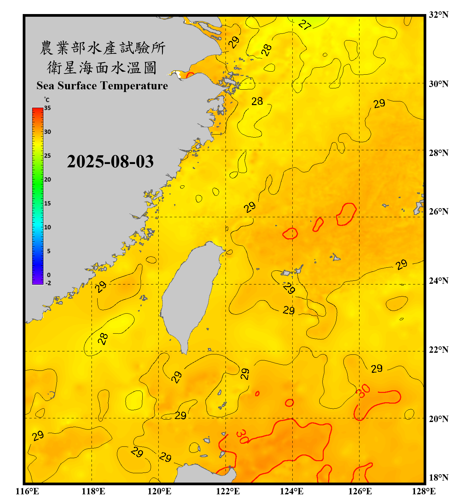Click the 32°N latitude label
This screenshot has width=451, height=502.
click(438, 15)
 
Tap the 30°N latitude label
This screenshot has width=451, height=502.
click(438, 84)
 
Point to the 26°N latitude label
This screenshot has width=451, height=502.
click(438, 212)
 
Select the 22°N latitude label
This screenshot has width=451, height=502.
click(438, 350)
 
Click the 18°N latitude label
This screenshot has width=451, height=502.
click(438, 478)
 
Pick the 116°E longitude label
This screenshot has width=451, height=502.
click(27, 491)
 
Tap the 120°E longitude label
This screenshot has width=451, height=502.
click(159, 491)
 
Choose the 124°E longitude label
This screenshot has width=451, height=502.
click(292, 491)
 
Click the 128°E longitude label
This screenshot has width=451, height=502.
click(424, 491)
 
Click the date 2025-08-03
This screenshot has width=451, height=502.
click(110, 162)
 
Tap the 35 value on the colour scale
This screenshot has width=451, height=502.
click(47, 108)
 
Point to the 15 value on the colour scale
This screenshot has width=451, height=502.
click(47, 203)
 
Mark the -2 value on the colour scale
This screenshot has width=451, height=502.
click(48, 283)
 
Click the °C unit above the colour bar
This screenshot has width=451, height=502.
click(47, 100)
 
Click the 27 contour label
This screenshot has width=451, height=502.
click(305, 24)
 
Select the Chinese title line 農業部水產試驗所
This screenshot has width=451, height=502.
click(103, 48)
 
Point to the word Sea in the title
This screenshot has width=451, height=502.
click(45, 86)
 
